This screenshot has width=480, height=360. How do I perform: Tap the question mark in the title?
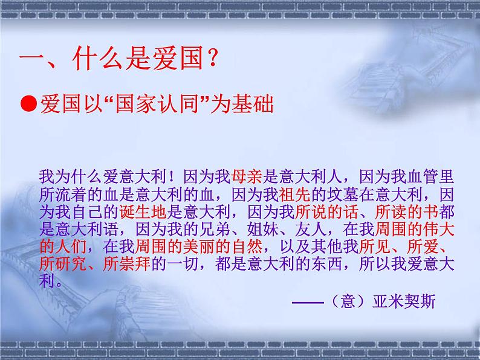pos(212,60)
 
